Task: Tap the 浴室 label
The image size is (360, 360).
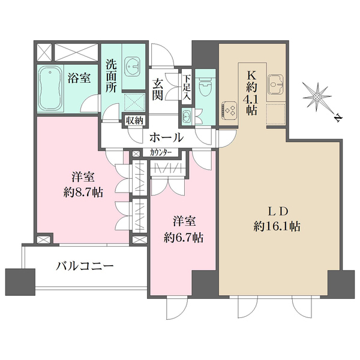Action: tap(79, 78)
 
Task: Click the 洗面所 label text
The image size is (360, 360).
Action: tap(111, 76)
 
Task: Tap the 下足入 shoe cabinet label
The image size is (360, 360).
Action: tap(187, 86)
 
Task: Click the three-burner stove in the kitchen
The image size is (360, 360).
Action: tap(230, 109)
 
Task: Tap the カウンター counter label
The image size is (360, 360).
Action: tap(160, 152)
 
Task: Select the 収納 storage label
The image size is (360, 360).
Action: tap(134, 120)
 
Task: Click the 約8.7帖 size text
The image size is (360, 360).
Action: tap(83, 194)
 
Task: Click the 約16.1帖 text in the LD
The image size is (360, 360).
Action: tap(277, 226)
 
